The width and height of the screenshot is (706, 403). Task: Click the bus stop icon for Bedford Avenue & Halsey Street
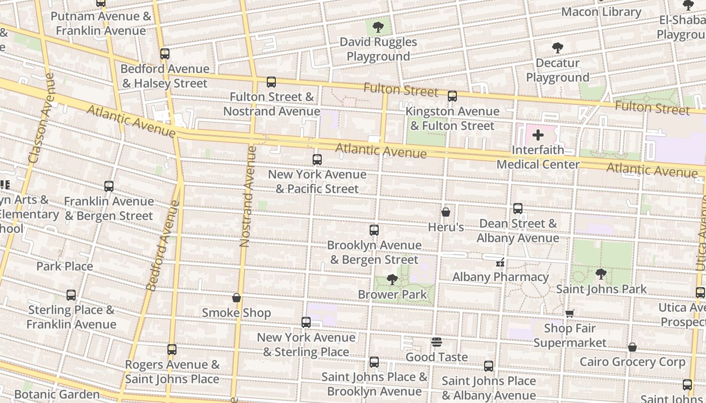pos(165,54)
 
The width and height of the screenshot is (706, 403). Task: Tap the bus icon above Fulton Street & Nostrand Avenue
pos(271,82)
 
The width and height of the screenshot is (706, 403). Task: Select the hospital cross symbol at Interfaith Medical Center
pos(538,135)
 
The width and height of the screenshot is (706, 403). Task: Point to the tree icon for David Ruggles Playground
pos(378,27)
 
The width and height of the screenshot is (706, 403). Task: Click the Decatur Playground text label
pos(557,71)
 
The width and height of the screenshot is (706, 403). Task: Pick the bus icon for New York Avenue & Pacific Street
pos(317,160)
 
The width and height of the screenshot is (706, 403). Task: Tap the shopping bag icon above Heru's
pos(446,213)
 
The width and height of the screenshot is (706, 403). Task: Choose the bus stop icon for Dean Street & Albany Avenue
pos(518,209)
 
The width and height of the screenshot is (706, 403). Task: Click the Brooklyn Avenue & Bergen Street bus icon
pos(374,230)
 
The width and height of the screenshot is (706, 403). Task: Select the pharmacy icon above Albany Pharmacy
pos(500,262)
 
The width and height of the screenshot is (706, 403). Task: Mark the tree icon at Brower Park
pos(392,280)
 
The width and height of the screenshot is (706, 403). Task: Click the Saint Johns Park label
pos(601,289)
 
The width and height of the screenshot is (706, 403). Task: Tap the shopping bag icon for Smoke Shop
pos(237,298)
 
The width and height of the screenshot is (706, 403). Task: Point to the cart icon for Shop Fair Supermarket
pos(570,313)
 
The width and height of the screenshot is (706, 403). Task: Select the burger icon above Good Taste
pos(437,343)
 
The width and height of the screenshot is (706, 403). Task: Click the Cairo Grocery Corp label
pos(632,362)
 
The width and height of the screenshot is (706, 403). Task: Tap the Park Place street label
pos(65,266)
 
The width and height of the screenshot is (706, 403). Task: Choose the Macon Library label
pos(601,12)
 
